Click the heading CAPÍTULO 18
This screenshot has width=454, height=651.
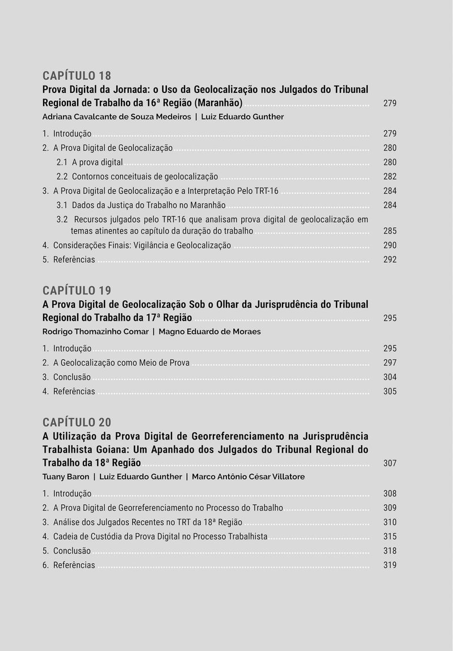coord(77,76)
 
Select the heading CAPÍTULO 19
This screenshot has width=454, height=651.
coord(77,291)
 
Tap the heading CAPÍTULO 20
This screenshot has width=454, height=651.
coord(77,422)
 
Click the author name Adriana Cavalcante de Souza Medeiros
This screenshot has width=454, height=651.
coord(116,117)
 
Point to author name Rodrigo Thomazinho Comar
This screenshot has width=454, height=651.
coord(95,331)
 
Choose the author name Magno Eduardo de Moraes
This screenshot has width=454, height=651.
coord(209,331)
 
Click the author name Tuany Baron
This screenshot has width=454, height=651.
coord(65,476)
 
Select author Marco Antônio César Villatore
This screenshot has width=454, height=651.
coord(248,476)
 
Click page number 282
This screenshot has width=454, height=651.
coord(390,177)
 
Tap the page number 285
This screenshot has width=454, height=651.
coord(390,231)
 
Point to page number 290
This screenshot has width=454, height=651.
coord(390,245)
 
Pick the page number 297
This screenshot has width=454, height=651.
coord(390,363)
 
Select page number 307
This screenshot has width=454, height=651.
coord(390,463)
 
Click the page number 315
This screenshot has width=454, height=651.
coord(390,537)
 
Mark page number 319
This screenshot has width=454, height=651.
coord(390,565)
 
